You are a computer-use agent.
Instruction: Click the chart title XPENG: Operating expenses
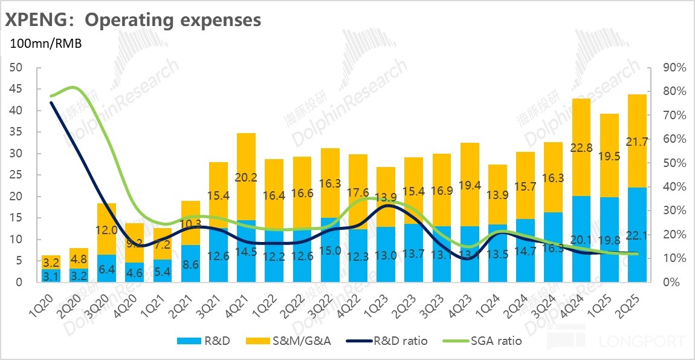[x=134, y=20]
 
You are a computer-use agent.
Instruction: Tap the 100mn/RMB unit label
[x=45, y=44]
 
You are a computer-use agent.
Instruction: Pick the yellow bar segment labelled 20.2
[x=246, y=177]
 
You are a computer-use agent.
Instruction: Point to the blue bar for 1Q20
[x=51, y=276]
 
